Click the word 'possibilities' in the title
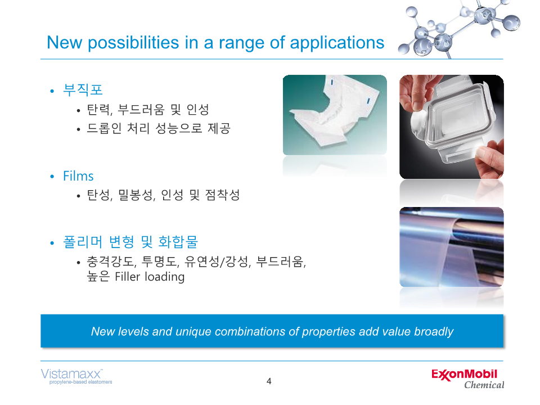133,43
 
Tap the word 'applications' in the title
337,43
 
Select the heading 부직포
83,89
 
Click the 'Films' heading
78,176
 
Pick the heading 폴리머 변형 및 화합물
130,242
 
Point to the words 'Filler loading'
150,277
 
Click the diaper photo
335,115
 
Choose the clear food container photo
452,127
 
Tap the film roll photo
452,246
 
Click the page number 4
269,381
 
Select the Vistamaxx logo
76,376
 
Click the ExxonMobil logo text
464,375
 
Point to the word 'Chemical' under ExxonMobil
484,385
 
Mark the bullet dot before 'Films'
52,177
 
